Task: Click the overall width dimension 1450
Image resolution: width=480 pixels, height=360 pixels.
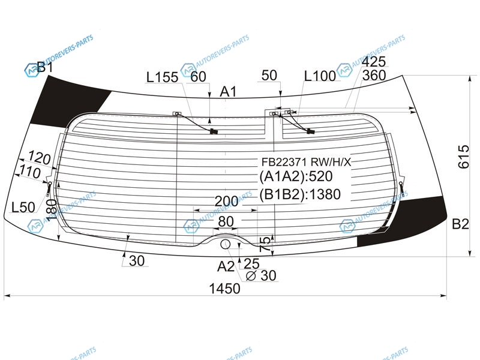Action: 224,289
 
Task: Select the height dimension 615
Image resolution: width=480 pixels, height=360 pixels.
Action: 463,157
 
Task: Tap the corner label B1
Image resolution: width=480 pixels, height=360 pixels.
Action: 44,67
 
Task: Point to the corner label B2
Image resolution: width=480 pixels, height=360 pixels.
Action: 460,224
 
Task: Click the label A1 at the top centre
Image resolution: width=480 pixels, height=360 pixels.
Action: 229,92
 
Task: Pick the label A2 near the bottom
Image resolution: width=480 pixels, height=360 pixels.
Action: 226,266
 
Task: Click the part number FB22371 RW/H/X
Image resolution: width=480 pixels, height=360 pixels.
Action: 306,161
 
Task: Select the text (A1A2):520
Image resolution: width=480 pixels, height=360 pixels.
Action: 296,176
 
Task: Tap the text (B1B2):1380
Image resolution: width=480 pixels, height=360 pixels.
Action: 299,194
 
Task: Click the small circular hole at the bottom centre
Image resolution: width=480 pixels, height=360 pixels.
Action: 226,244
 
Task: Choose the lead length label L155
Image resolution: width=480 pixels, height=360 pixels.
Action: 162,77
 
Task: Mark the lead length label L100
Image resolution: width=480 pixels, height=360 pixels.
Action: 320,76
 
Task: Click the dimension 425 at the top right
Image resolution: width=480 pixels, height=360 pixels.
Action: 373,62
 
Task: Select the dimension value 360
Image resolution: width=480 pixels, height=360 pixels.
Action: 373,76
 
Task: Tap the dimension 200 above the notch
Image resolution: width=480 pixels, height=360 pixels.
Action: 226,201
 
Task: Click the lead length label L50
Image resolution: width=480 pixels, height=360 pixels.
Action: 23,207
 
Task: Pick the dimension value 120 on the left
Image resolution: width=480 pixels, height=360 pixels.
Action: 39,158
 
